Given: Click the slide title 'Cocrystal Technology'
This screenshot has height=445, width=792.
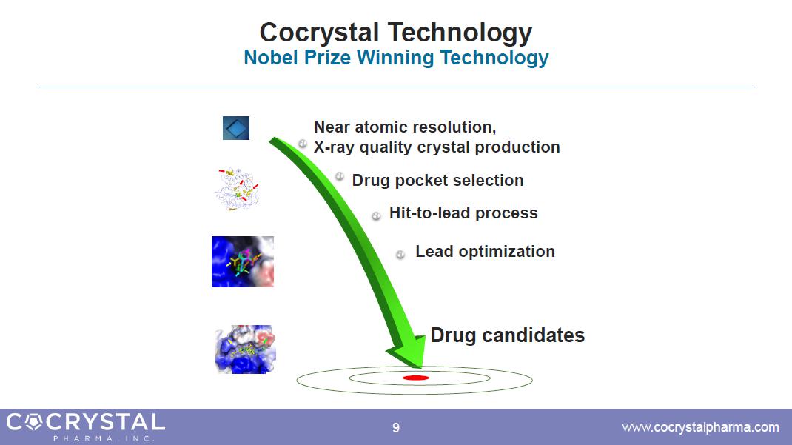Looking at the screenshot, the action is pyautogui.click(x=395, y=33).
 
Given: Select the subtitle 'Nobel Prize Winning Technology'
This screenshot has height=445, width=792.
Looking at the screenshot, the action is pyautogui.click(x=396, y=58).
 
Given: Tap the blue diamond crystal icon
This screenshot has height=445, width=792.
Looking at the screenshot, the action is pyautogui.click(x=236, y=128).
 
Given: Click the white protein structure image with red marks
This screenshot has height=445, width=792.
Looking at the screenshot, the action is pyautogui.click(x=236, y=189).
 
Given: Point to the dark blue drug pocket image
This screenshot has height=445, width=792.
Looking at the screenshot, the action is pyautogui.click(x=243, y=261).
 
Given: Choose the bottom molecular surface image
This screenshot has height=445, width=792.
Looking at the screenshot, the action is pyautogui.click(x=245, y=349).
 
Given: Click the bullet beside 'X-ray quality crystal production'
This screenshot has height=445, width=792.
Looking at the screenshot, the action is pyautogui.click(x=303, y=144).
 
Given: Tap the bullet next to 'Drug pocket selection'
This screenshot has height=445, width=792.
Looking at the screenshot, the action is pyautogui.click(x=340, y=176).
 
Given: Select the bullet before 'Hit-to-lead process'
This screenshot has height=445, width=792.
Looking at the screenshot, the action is pyautogui.click(x=376, y=216).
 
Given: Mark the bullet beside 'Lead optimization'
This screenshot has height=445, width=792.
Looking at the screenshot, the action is pyautogui.click(x=400, y=255).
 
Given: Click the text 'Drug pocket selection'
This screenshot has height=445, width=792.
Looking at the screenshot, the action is pyautogui.click(x=437, y=181).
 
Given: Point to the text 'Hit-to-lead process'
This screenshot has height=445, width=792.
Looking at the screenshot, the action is pyautogui.click(x=463, y=213).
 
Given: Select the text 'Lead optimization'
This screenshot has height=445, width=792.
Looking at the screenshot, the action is pyautogui.click(x=485, y=252).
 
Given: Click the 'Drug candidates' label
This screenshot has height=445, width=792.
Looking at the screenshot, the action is pyautogui.click(x=508, y=335).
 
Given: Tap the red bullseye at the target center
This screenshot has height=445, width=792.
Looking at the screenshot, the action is pyautogui.click(x=416, y=378).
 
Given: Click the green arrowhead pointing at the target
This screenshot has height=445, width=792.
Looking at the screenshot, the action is pyautogui.click(x=406, y=352).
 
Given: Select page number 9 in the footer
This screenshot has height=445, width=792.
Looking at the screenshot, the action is pyautogui.click(x=396, y=428).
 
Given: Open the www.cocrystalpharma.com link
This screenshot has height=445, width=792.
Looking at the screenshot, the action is pyautogui.click(x=700, y=427).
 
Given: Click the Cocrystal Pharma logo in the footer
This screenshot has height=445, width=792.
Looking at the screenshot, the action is pyautogui.click(x=85, y=426).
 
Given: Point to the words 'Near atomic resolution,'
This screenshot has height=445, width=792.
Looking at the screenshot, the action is pyautogui.click(x=405, y=127).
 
